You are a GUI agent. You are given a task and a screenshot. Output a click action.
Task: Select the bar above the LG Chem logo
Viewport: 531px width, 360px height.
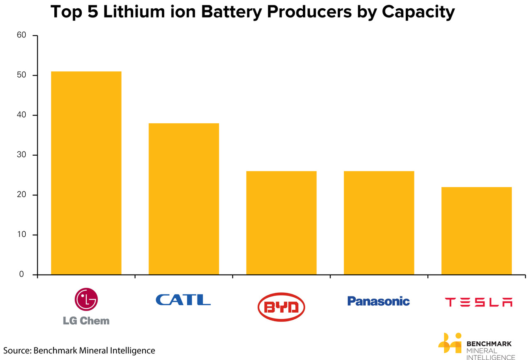pyautogui.click(x=86, y=173)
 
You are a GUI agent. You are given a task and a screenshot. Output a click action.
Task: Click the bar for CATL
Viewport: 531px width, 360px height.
pyautogui.click(x=184, y=199)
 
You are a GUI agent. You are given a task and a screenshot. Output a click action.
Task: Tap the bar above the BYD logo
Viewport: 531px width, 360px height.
pyautogui.click(x=281, y=223)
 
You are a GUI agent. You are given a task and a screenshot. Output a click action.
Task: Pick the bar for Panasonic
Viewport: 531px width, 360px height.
pyautogui.click(x=379, y=223)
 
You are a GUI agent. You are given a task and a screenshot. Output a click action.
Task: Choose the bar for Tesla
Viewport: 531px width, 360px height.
pyautogui.click(x=476, y=231)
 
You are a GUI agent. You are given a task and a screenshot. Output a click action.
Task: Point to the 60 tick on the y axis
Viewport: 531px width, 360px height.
pyautogui.click(x=22, y=36)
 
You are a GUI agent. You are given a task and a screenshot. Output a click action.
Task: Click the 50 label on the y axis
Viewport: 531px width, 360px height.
pyautogui.click(x=22, y=76)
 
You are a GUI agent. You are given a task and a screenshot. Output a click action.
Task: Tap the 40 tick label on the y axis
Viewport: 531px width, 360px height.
pyautogui.click(x=22, y=115)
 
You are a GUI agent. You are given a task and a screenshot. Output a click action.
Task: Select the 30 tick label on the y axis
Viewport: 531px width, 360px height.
pyautogui.click(x=22, y=155)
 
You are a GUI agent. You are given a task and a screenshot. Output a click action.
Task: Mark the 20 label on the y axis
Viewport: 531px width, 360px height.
pyautogui.click(x=22, y=195)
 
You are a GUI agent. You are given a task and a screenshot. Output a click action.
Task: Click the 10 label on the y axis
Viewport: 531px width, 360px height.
pyautogui.click(x=22, y=235)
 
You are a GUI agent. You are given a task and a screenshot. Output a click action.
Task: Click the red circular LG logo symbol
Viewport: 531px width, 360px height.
pyautogui.click(x=86, y=299)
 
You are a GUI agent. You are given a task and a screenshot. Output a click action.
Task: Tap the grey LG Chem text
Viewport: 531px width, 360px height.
pyautogui.click(x=86, y=321)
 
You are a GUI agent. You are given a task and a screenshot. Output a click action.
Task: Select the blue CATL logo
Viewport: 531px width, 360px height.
pyautogui.click(x=183, y=299)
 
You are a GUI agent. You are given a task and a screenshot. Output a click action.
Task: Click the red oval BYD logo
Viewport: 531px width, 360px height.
pyautogui.click(x=281, y=307)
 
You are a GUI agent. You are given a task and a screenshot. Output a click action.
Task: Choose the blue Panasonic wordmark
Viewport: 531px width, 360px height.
pyautogui.click(x=378, y=301)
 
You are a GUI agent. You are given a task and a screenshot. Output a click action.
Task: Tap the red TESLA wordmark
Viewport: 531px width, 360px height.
pyautogui.click(x=478, y=302)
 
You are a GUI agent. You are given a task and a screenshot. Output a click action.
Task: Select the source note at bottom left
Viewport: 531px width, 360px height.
pyautogui.click(x=79, y=350)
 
